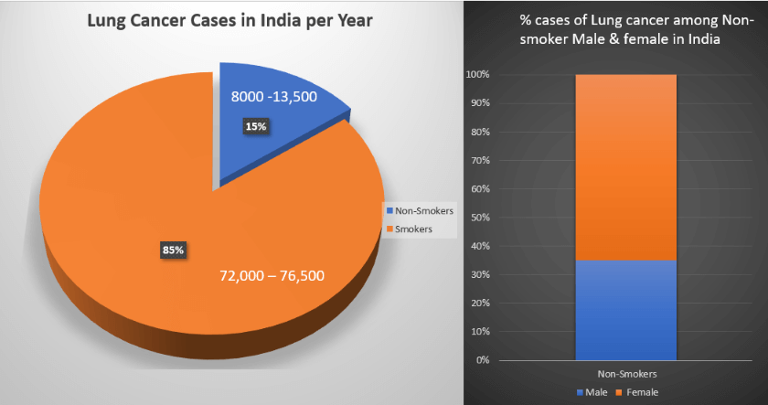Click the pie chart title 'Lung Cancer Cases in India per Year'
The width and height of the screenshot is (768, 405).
(x=229, y=20)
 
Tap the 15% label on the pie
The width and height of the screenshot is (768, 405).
(x=255, y=126)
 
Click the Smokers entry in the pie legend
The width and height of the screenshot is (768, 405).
(x=414, y=228)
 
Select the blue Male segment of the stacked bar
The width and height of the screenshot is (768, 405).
(x=625, y=310)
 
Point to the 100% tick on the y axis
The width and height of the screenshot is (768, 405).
(x=478, y=75)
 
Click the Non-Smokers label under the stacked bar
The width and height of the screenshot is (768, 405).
(x=625, y=374)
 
